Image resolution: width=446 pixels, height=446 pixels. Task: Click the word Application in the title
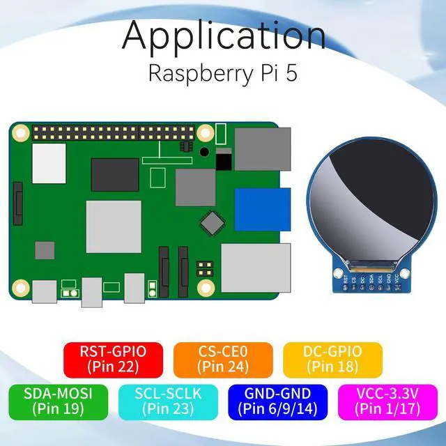click(x=223, y=36)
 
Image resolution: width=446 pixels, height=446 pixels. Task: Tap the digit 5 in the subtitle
click(x=291, y=74)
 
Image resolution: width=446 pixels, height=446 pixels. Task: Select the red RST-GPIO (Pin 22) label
click(x=114, y=357)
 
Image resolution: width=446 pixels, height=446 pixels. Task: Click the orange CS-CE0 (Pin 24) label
click(x=223, y=357)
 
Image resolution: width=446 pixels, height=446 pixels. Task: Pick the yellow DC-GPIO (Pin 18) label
click(x=333, y=357)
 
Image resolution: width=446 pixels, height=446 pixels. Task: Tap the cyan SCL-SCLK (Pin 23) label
click(x=169, y=401)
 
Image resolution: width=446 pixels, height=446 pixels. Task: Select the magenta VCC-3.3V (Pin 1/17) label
click(x=387, y=401)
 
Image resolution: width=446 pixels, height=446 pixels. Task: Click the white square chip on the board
click(x=49, y=163)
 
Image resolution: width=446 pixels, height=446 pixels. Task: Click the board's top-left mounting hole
click(x=21, y=132)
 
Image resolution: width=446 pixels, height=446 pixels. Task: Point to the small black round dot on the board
click(x=204, y=151)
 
